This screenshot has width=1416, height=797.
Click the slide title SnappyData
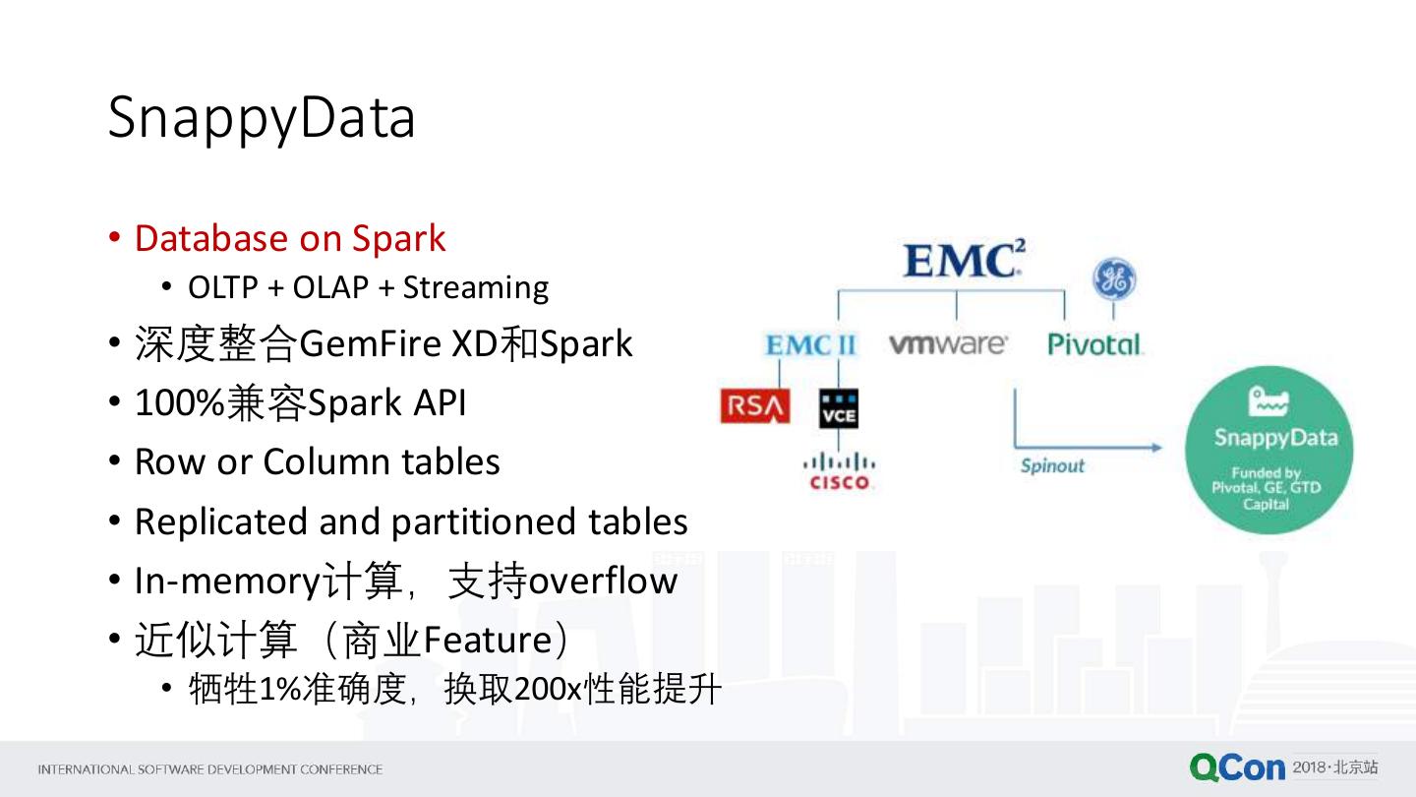(x=262, y=119)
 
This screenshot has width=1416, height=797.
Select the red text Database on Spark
(x=289, y=238)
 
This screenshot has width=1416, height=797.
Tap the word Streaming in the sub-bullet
(x=476, y=287)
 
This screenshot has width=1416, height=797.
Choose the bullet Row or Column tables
(x=317, y=461)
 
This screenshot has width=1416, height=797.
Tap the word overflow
(x=603, y=581)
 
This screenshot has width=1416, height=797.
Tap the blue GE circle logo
(x=1114, y=281)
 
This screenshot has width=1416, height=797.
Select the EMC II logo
(x=811, y=345)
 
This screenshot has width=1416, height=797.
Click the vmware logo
(x=948, y=344)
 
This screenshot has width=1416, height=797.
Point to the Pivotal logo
(x=1094, y=344)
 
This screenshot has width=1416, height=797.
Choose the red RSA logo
(x=754, y=406)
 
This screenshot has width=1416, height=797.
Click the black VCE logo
(x=839, y=408)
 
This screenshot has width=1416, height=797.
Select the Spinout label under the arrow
(x=1052, y=465)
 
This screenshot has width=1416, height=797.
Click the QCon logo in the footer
(x=1237, y=767)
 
